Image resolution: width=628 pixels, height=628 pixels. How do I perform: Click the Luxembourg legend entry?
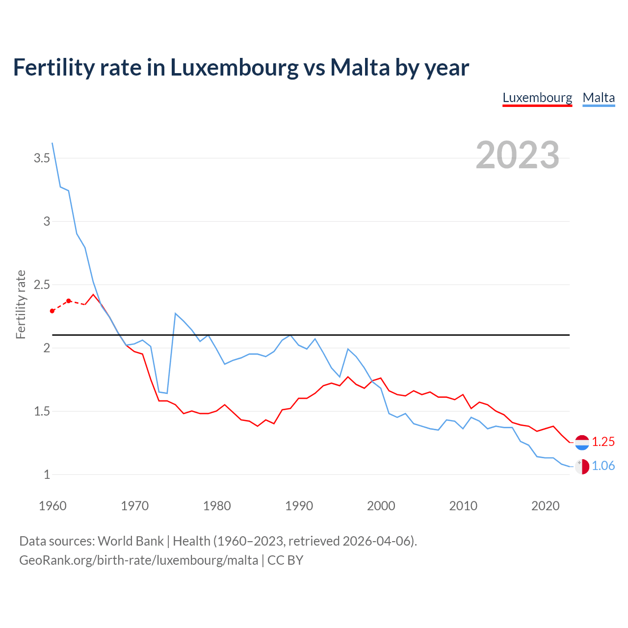point(537,98)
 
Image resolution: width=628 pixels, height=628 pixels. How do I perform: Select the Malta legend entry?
point(599,98)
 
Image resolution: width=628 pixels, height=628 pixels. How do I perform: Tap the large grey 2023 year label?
point(518,155)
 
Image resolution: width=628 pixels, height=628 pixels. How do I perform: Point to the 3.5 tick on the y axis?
point(42,158)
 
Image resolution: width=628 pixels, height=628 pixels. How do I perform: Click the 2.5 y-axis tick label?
point(42,285)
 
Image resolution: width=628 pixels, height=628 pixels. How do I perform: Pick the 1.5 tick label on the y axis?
point(42,411)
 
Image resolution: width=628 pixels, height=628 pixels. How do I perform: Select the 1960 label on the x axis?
point(52,506)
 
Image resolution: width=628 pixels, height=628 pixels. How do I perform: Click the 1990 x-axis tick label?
point(299,506)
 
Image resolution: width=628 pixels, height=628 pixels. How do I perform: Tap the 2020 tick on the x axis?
point(545,506)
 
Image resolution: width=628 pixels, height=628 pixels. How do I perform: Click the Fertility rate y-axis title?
point(21,304)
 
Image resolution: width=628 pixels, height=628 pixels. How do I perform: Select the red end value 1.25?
point(603,442)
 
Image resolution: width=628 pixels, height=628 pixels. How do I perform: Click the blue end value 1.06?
point(603,466)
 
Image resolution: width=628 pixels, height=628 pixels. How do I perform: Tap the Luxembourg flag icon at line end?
point(582,442)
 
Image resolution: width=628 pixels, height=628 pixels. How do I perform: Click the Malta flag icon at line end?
point(582,467)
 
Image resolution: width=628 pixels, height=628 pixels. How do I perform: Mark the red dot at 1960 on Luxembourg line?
point(52,311)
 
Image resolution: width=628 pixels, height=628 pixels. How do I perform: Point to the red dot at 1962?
point(69,301)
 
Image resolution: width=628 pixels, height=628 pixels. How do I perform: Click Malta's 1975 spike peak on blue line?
point(176,313)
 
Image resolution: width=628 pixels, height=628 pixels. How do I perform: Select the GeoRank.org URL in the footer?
point(138,560)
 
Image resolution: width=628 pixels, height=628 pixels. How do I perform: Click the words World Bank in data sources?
point(131,541)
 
